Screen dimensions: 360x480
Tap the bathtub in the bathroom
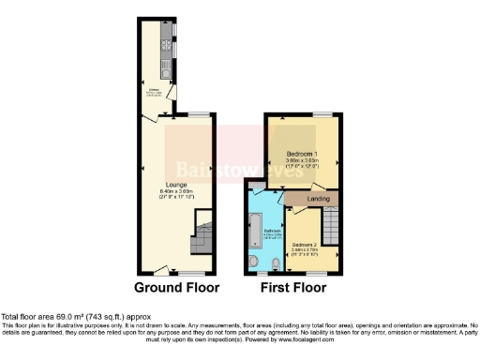[x=256, y=231]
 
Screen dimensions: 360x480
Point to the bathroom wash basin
[x=256, y=262]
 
